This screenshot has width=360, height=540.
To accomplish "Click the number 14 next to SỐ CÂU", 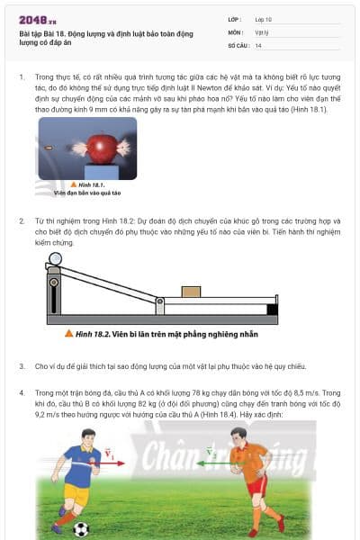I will [259, 45].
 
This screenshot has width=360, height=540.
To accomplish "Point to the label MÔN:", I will [235, 31].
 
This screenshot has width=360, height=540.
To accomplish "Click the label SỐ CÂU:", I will [238, 45].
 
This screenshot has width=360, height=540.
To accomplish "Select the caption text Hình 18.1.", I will [90, 184].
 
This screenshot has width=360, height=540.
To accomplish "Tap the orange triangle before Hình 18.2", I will [68, 333].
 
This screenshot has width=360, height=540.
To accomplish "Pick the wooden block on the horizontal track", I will [191, 292].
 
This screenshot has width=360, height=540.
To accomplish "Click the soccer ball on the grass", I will [81, 529].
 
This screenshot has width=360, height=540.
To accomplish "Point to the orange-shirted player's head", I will [238, 436].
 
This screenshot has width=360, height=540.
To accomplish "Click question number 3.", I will [22, 366].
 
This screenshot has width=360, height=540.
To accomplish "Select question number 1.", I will [22, 79].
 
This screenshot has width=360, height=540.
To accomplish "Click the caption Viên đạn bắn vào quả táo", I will [86, 193].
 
